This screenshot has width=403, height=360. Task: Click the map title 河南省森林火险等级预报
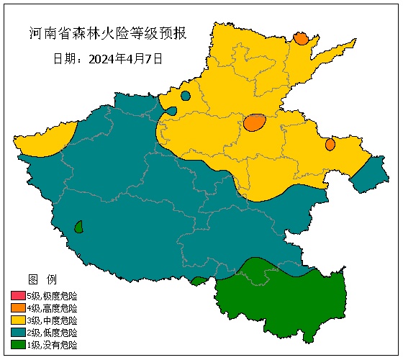(107, 33)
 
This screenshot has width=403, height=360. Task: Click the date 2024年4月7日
(108, 58)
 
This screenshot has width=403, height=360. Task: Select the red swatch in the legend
(18, 296)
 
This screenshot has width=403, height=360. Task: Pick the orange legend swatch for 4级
(18, 308)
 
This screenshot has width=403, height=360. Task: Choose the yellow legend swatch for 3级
(18, 320)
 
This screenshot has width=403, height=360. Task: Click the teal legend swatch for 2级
(18, 333)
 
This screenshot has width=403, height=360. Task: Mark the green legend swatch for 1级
(18, 345)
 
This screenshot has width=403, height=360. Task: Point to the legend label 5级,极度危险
(52, 296)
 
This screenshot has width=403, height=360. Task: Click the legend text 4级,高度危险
(52, 308)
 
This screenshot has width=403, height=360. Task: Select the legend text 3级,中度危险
(52, 320)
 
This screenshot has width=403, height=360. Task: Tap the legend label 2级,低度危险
(52, 333)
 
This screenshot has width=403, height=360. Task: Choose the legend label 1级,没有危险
(52, 345)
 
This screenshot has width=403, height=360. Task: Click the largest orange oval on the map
(255, 122)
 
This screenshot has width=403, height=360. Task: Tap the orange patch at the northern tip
(301, 38)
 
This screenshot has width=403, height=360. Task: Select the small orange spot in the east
(330, 144)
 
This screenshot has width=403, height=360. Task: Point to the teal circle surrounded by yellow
(186, 96)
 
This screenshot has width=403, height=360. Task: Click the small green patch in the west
(78, 227)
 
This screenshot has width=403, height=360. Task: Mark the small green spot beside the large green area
(199, 281)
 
